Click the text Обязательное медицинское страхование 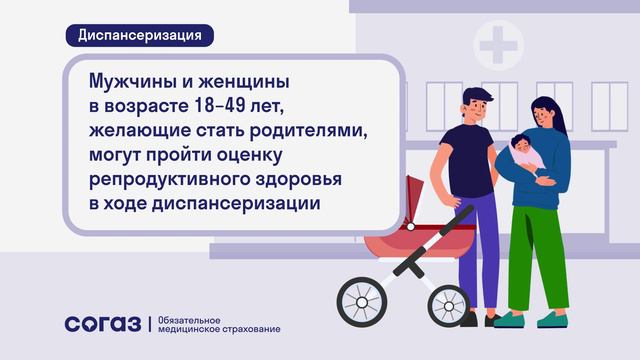(x=214, y=324)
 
